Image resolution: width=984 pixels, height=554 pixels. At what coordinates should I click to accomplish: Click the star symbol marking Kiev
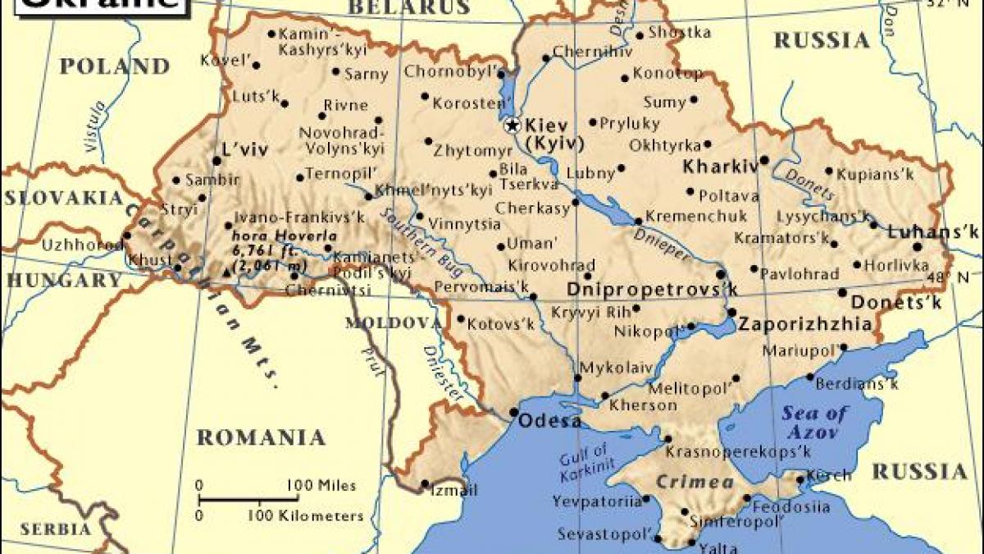click(x=512, y=126)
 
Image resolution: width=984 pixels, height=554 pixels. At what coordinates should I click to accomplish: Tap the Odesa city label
click(x=549, y=421)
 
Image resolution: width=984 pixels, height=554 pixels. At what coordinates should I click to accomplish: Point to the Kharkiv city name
click(x=720, y=166)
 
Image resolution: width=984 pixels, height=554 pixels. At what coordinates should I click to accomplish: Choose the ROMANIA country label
click(x=261, y=437)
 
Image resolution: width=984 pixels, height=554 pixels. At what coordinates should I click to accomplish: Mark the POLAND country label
click(x=114, y=66)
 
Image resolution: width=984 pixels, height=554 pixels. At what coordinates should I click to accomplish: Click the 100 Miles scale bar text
click(x=321, y=486)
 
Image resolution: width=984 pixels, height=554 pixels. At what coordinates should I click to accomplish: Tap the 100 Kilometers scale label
click(x=305, y=516)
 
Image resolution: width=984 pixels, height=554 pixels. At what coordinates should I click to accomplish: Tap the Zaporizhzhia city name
click(x=805, y=324)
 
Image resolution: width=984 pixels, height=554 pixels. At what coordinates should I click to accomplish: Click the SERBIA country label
click(x=56, y=529)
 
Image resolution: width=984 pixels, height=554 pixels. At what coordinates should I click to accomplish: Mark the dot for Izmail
click(x=426, y=483)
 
